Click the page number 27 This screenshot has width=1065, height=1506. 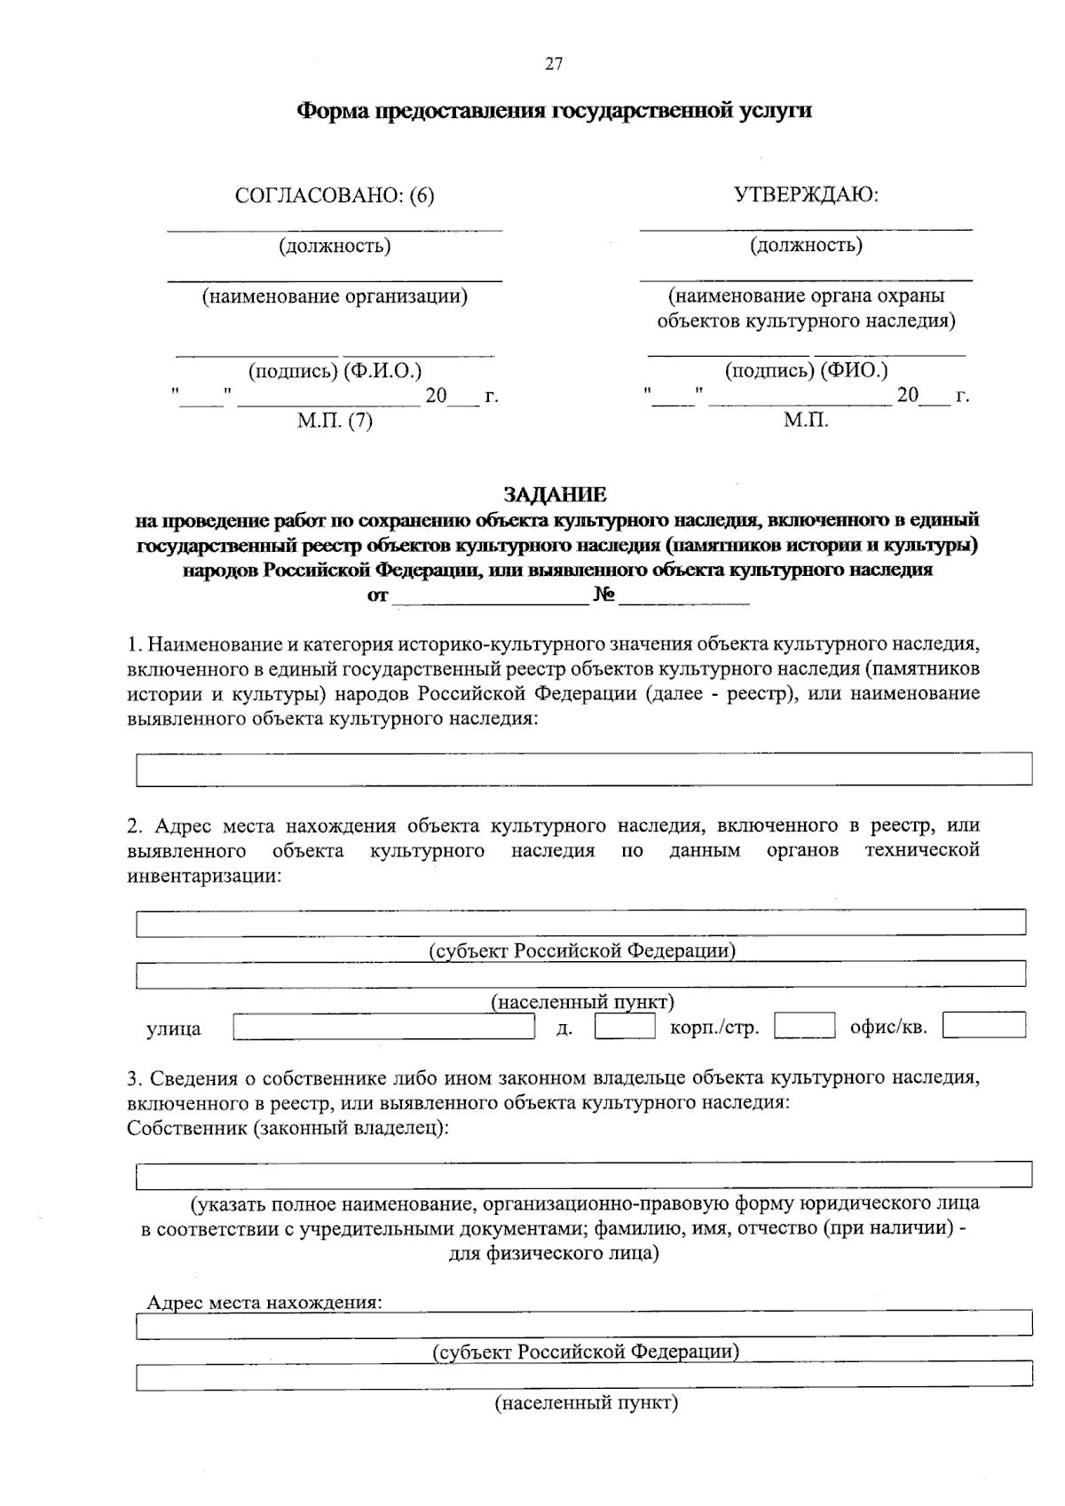[553, 64]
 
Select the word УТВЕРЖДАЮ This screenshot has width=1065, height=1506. [806, 194]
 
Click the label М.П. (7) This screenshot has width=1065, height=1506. [335, 422]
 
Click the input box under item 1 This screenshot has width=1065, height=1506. [583, 769]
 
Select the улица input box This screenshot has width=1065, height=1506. [383, 1028]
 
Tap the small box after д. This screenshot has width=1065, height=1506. [625, 1027]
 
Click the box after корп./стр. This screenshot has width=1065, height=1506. [804, 1026]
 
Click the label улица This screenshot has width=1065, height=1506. [174, 1029]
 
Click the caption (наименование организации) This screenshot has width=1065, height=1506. [335, 296]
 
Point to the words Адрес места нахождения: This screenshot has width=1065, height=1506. [264, 1303]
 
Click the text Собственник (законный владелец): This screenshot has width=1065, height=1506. [288, 1129]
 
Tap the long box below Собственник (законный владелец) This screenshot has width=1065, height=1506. [583, 1175]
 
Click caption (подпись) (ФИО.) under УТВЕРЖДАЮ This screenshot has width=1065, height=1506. [806, 370]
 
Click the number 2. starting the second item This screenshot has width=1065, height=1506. [135, 826]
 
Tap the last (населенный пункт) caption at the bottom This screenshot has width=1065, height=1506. [586, 1404]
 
